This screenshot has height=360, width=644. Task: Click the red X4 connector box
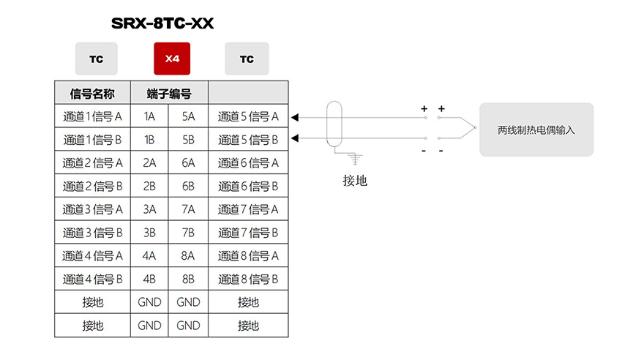[172, 59]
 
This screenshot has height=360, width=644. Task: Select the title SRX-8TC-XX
[162, 23]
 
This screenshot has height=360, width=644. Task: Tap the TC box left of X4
[97, 59]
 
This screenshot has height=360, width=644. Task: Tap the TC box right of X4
[247, 59]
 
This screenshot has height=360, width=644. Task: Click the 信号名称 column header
[92, 94]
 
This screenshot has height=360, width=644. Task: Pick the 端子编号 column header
[169, 94]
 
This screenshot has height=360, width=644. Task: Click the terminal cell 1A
[149, 116]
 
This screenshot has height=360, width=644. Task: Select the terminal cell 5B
[189, 140]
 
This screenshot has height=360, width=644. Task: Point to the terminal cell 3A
[149, 209]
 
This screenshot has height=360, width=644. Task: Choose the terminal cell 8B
[189, 279]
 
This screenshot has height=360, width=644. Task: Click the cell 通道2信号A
[93, 163]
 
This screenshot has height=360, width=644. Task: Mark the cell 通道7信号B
[248, 233]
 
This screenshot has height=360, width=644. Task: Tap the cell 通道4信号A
[93, 256]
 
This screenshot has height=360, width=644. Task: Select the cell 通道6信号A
[248, 163]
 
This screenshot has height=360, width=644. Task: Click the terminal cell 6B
[189, 187]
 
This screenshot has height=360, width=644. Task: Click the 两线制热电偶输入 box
[536, 130]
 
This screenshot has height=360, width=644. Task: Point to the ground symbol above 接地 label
[355, 159]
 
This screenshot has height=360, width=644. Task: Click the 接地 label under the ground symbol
[355, 181]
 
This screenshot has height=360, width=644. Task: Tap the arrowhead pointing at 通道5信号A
[295, 117]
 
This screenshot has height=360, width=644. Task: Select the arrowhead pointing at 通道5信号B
[295, 138]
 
